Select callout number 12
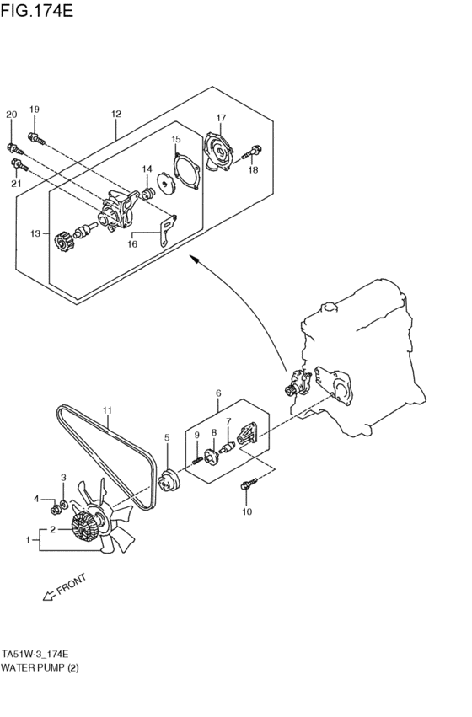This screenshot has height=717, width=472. (x=115, y=114)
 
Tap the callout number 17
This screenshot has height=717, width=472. (x=221, y=118)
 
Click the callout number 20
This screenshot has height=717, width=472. (x=11, y=114)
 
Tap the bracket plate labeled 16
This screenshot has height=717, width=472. (x=169, y=229)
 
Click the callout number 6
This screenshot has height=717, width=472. (x=217, y=393)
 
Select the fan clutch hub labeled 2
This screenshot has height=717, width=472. (x=83, y=528)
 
